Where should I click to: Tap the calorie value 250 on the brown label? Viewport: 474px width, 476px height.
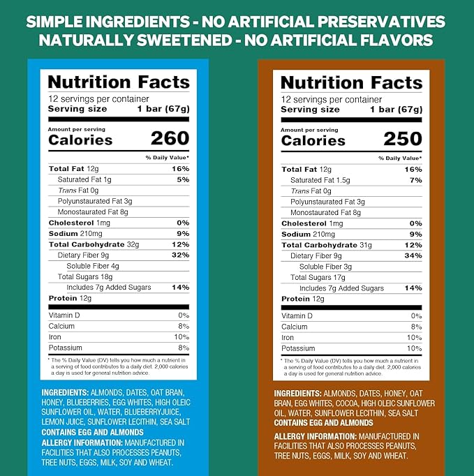403,140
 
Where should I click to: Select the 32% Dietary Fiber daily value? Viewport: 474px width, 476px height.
180,255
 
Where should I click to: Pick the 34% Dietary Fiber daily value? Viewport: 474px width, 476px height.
413,256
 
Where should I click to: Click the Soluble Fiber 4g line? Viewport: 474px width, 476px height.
93,266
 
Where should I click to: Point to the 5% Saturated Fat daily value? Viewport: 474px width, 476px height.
183,179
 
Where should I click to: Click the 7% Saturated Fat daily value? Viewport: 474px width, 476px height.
416,181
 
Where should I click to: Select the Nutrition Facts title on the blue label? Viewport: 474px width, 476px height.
118,82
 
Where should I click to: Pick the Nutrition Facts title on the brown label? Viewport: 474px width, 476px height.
351,83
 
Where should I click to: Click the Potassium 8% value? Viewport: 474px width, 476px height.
184,348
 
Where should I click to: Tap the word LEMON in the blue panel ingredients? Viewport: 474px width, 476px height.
53,422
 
